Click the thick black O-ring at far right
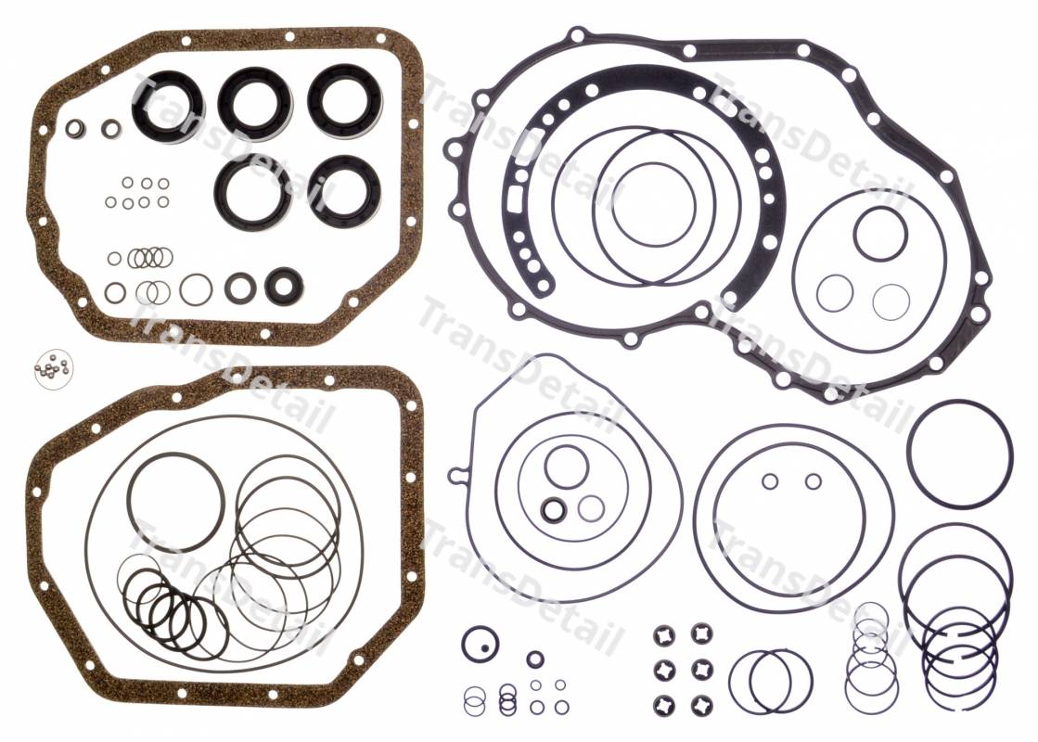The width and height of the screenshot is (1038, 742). [x=910, y=454]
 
